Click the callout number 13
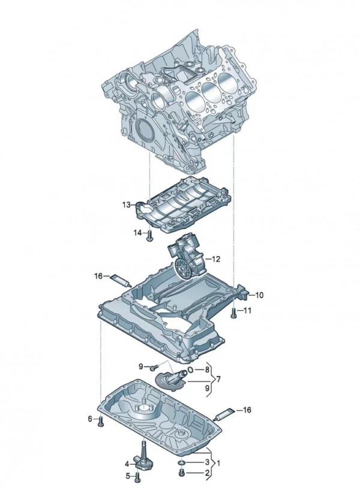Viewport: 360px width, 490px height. click(x=126, y=205)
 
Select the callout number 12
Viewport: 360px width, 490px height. click(x=216, y=259)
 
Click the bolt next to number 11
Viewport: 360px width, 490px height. click(x=232, y=311)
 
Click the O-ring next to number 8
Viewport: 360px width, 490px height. click(x=190, y=371)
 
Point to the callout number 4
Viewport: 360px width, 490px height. click(x=127, y=464)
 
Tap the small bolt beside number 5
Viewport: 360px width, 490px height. click(x=138, y=477)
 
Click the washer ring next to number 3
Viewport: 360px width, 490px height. click(x=181, y=463)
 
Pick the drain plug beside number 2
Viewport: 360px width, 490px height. click(x=181, y=473)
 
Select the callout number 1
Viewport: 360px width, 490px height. click(x=218, y=463)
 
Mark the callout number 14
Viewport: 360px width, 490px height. click(x=137, y=233)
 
